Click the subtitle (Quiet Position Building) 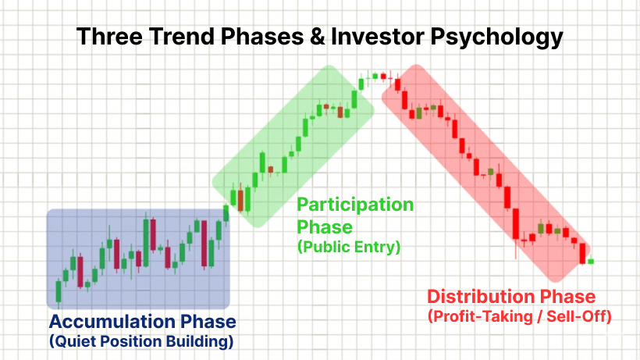140,341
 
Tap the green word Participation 355,205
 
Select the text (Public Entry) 348,248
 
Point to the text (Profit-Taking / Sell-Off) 519,316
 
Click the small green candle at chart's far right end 591,261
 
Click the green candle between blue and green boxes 226,212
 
